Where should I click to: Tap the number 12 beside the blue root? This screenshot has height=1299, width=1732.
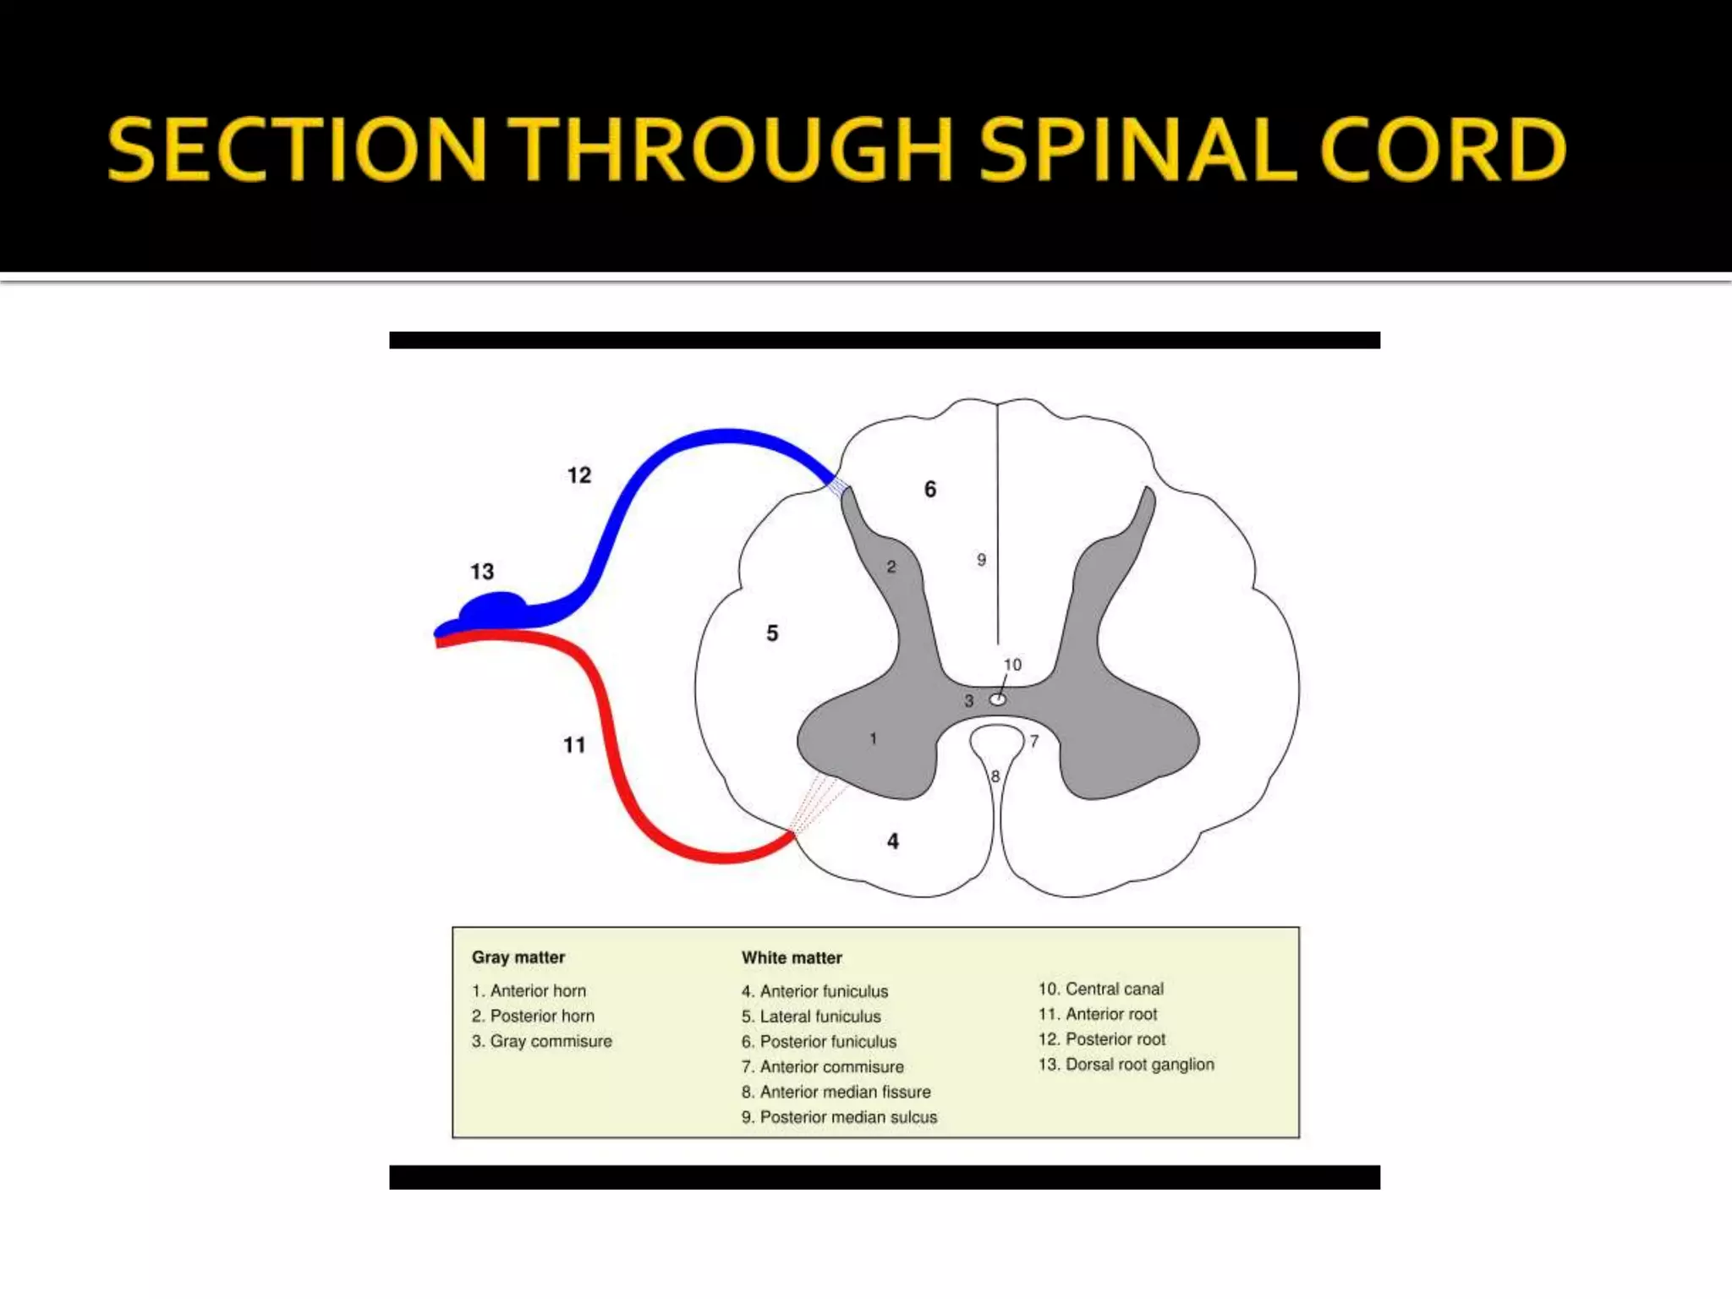[579, 475]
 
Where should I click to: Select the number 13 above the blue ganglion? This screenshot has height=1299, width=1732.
[482, 572]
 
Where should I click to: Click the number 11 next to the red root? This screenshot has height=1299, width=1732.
[574, 745]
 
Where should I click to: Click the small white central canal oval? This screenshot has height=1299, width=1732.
[998, 699]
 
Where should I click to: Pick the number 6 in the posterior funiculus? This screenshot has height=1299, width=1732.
[930, 489]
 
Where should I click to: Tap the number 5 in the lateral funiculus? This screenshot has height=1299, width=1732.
[772, 633]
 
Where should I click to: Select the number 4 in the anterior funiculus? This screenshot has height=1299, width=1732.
[893, 841]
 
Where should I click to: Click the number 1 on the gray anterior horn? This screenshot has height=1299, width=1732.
[873, 739]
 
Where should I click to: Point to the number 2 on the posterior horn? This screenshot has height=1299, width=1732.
[891, 567]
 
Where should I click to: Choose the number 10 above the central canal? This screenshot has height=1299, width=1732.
[1012, 665]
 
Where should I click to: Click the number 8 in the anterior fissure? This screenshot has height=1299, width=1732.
[995, 776]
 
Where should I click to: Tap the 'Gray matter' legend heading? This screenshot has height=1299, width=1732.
[518, 957]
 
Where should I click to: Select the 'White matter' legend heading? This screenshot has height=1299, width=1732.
[792, 957]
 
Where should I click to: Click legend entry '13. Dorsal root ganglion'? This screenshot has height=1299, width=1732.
[1126, 1065]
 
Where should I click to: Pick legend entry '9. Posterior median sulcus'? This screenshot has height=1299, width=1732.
[840, 1117]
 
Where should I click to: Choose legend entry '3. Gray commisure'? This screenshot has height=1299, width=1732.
[542, 1041]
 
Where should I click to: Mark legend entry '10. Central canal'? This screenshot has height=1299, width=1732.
[1101, 989]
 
